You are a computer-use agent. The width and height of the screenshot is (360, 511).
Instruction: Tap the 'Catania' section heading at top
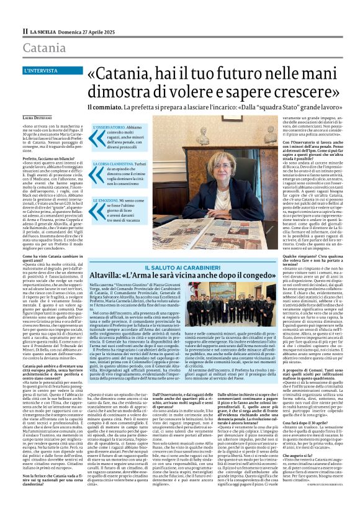tap(45, 48)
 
